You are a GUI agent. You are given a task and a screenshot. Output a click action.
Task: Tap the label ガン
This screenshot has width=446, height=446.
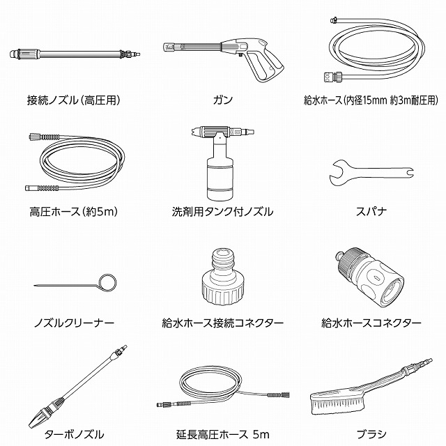tap(223, 100)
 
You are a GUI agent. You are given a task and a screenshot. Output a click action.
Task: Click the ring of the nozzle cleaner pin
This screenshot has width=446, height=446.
tap(107, 282)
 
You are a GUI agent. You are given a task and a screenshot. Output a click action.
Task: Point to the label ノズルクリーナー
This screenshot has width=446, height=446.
tap(74, 323)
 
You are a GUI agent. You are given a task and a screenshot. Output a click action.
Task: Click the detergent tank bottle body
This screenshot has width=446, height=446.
tap(220, 179)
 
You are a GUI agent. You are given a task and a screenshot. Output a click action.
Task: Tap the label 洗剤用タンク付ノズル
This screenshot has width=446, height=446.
tap(223, 212)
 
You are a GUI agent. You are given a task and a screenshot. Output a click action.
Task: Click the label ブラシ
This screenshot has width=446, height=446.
tap(371, 434)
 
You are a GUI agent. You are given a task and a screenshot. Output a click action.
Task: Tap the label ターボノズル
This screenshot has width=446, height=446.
tap(74, 434)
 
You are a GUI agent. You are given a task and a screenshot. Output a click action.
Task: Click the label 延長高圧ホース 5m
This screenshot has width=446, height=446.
tap(223, 434)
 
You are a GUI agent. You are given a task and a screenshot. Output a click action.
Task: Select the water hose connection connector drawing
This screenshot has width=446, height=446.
tap(223, 277)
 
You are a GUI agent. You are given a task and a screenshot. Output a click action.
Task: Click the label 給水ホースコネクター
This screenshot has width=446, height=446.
tap(371, 323)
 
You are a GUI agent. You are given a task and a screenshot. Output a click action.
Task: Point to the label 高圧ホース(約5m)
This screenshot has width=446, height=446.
tap(74, 212)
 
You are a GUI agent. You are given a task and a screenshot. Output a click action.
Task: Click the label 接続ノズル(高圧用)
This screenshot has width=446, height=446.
tap(74, 100)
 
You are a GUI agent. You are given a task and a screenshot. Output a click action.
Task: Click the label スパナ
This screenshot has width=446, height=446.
tap(371, 212)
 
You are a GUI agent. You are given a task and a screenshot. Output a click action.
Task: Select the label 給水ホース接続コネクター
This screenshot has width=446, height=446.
tap(223, 323)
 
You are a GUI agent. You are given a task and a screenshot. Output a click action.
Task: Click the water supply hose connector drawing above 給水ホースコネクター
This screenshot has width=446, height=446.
tap(370, 277)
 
